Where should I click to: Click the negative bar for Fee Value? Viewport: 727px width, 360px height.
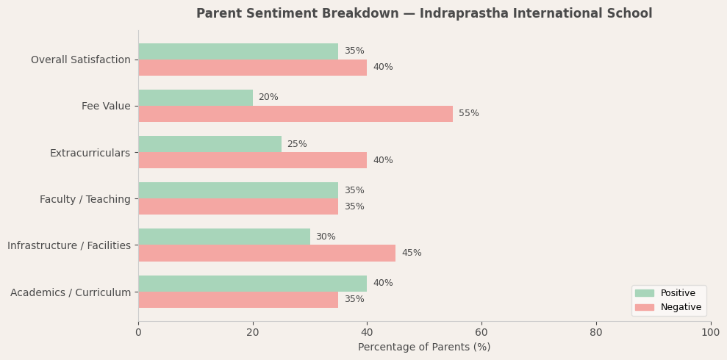tap(296, 114)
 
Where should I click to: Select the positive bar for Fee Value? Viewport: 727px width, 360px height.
tap(196, 98)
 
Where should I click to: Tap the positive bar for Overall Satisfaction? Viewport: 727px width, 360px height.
tap(238, 51)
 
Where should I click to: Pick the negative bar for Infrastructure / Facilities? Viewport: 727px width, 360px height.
tap(267, 253)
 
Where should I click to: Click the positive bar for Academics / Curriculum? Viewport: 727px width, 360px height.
tap(252, 284)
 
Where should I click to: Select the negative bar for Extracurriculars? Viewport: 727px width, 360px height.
tap(252, 160)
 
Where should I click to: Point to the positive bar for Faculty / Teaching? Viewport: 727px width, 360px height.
tap(238, 190)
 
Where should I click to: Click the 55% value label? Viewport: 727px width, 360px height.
tap(468, 114)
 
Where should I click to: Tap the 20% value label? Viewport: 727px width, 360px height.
tap(268, 98)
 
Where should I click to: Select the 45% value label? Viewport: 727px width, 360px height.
tap(412, 253)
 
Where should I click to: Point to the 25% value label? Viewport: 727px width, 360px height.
tap(297, 145)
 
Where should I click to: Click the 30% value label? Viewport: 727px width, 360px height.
tap(326, 237)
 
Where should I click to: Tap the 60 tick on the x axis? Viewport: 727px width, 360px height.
tap(481, 333)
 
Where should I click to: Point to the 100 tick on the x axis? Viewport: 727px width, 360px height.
tap(710, 333)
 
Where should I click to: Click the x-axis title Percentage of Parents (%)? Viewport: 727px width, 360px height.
tap(424, 348)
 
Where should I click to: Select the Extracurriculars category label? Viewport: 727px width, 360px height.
tap(90, 153)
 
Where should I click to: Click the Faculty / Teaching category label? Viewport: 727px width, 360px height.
tap(85, 200)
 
